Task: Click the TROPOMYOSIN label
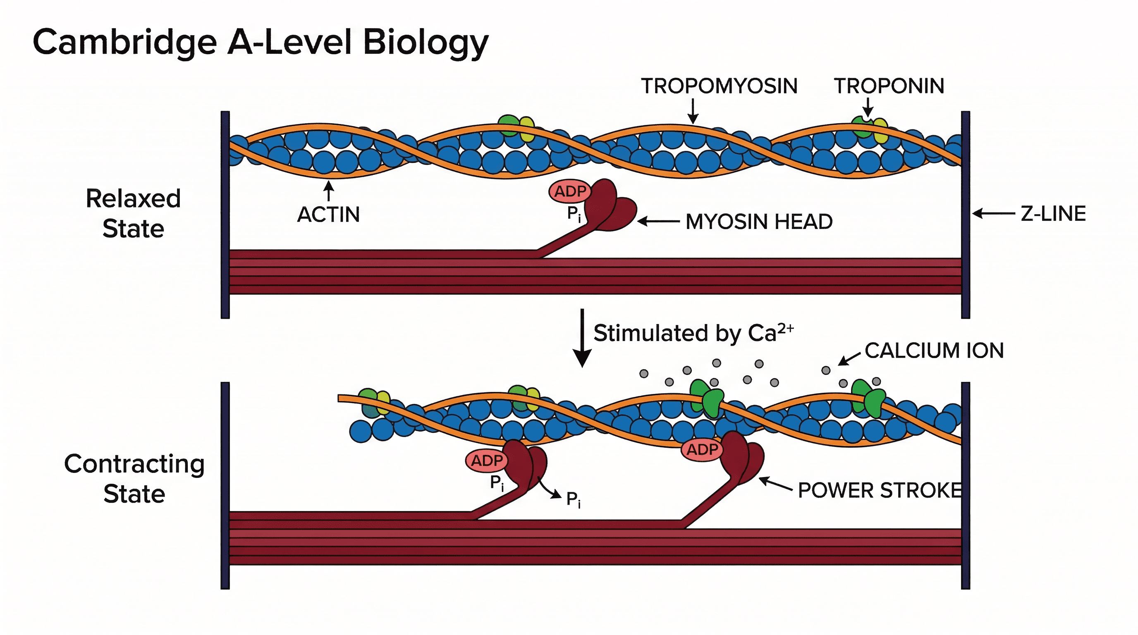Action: coord(719,86)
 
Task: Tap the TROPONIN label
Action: coord(889,86)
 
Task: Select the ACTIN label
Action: coord(328,215)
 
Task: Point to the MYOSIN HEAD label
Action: coord(758,222)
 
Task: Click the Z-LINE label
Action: coord(1053,214)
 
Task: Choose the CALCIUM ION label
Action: coord(934,351)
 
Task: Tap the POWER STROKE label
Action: coord(879,491)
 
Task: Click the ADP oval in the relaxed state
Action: coord(570,191)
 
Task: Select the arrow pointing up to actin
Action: coord(328,191)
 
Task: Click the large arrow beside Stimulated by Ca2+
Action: coord(582,338)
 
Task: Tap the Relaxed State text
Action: coord(133,213)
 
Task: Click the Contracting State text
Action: coord(134,478)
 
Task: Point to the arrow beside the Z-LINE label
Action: coord(994,214)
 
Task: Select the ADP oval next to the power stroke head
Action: coord(702,449)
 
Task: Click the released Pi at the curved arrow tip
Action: coord(574,499)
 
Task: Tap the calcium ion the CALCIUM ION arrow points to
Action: coord(826,370)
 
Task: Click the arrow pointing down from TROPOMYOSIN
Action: coord(693,111)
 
